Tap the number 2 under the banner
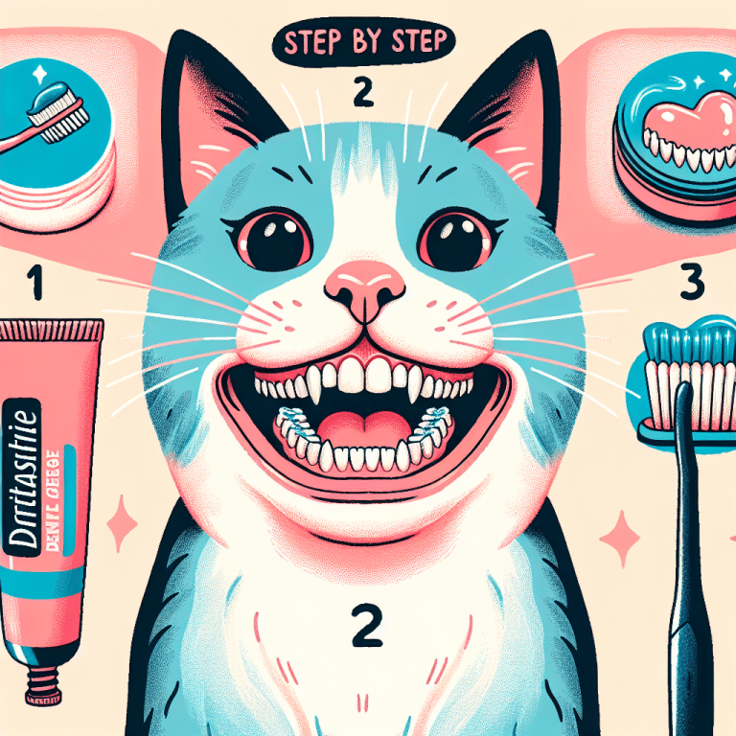tap(361, 92)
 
